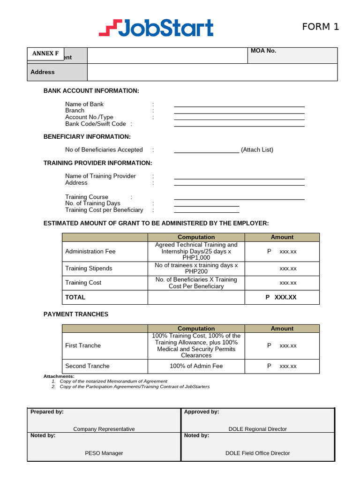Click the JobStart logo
[156, 28]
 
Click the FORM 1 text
[320, 27]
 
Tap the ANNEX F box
[45, 53]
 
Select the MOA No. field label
[263, 51]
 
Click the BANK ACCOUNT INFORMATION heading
[91, 91]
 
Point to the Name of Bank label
[84, 104]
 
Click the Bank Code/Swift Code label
[96, 124]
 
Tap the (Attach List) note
[257, 150]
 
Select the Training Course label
[87, 197]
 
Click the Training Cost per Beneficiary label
[104, 210]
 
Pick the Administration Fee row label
[90, 252]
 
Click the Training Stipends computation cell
[196, 269]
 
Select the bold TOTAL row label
[75, 297]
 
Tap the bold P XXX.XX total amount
[281, 297]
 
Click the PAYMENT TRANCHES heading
[76, 315]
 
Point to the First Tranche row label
[83, 345]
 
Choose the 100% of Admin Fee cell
[196, 366]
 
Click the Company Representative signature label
[104, 429]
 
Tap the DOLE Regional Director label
[257, 429]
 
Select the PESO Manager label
[104, 453]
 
